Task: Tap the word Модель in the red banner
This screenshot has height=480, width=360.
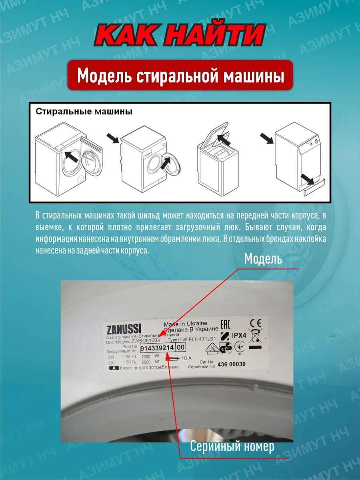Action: click(105, 76)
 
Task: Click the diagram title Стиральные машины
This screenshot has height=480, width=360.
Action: click(84, 112)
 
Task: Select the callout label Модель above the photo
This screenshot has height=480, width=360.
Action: click(263, 259)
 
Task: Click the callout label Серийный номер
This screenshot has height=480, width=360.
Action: click(232, 446)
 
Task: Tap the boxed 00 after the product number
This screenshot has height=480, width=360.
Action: click(181, 348)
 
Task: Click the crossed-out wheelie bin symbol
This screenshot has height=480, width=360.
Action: click(254, 336)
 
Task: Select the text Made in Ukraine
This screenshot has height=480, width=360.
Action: click(185, 323)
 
